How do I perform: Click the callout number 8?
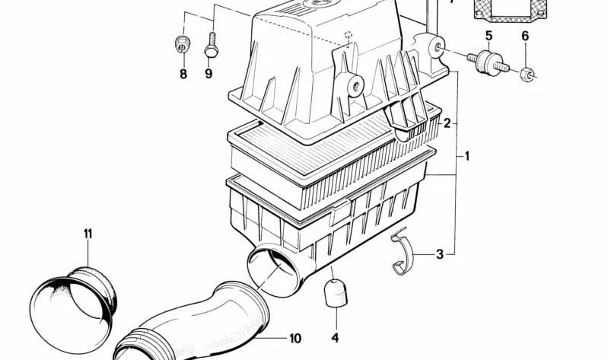[x=183, y=74]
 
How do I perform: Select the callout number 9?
[x=209, y=74]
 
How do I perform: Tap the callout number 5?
[x=489, y=36]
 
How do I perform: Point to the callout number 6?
[x=525, y=37]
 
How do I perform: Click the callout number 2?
[x=447, y=124]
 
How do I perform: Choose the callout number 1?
[x=467, y=156]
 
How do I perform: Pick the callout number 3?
[x=439, y=254]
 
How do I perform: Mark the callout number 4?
[x=335, y=337]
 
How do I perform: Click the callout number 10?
[x=295, y=338]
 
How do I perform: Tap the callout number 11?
[x=88, y=234]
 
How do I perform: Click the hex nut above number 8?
[x=182, y=43]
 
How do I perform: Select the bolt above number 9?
[x=212, y=45]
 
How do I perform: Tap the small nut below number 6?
[x=527, y=74]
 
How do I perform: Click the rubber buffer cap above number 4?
[x=336, y=293]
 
